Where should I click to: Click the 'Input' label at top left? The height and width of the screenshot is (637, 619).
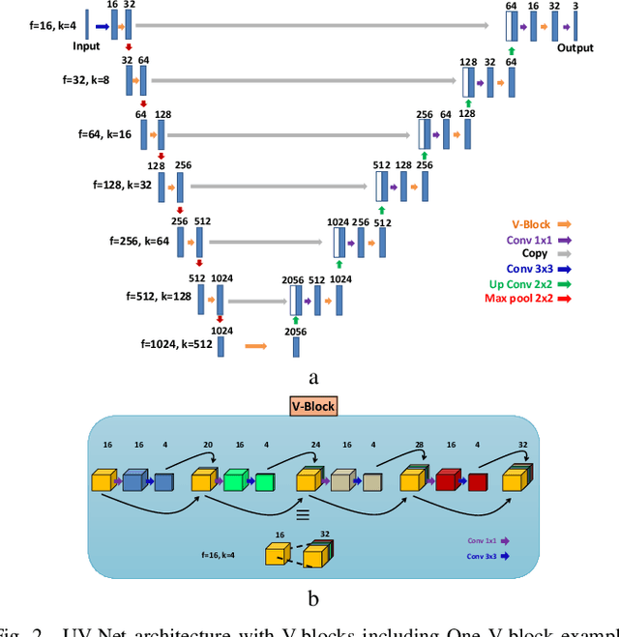point(86,45)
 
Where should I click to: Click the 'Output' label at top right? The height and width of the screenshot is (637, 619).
point(575,48)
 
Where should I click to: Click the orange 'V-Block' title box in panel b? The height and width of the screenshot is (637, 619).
point(312,406)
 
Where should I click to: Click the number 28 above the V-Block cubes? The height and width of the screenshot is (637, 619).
point(420,446)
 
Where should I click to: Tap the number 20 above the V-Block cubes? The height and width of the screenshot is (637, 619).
point(207,446)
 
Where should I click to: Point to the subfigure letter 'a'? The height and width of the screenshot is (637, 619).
point(312,379)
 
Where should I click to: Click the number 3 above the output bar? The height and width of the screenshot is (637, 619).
point(576,6)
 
